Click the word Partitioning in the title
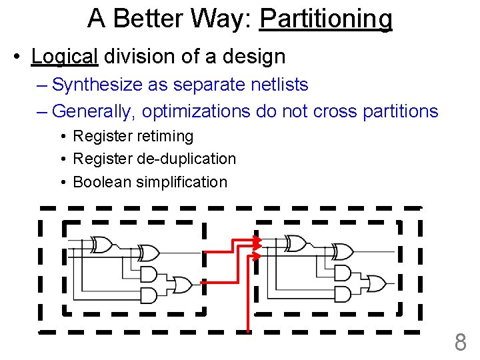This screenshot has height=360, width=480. coord(326,19)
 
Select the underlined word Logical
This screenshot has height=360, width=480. coord(64,57)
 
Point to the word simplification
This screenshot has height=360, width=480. coord(181,182)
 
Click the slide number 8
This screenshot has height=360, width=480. coord(460,343)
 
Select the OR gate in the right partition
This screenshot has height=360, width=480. coord(376,283)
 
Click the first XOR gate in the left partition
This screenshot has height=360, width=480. coord(103,245)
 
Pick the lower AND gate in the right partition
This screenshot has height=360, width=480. coord(343,293)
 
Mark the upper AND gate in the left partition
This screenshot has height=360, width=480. coord(149,274)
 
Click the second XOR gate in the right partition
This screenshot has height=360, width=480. coord(343,253)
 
